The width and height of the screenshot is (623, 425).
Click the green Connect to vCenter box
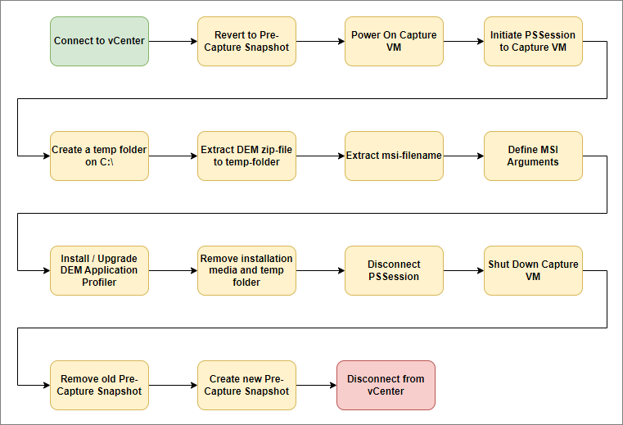[99, 41]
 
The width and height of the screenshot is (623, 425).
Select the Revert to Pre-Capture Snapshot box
[246, 41]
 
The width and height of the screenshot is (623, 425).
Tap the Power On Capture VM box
[394, 41]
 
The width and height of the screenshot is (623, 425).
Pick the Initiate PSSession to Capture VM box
[533, 41]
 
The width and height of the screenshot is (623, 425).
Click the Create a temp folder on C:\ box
[99, 156]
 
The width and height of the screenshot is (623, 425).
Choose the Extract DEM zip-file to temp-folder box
[246, 156]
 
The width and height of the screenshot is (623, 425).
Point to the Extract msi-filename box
[394, 156]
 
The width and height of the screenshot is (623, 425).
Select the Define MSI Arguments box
[533, 156]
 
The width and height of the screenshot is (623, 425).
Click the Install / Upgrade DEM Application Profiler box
[99, 270]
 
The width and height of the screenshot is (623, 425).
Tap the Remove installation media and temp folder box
[246, 270]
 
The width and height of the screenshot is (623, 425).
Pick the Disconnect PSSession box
[394, 270]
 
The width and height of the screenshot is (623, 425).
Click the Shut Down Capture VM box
[533, 270]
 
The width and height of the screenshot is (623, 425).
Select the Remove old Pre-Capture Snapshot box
[99, 385]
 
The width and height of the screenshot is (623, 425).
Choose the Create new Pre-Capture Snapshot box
[246, 385]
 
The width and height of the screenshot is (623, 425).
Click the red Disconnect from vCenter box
[386, 385]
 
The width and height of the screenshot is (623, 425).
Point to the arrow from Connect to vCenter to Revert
[173, 41]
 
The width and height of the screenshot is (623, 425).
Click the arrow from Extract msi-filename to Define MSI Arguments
[463, 156]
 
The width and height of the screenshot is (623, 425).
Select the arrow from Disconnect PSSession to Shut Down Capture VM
[463, 270]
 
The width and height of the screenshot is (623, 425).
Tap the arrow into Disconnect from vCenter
[316, 385]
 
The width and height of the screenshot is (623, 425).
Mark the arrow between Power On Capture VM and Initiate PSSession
[463, 41]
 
